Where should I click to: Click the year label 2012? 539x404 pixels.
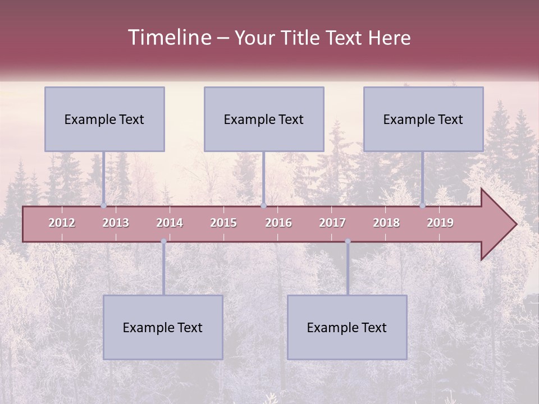62,223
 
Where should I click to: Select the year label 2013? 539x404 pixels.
116,223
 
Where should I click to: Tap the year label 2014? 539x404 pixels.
170,223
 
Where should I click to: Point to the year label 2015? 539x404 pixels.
223,223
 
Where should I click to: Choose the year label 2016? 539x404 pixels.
278,223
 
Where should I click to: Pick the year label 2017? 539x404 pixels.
332,223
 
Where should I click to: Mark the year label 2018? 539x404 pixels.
386,223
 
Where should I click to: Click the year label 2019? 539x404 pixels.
440,223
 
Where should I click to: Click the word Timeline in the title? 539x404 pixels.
170,38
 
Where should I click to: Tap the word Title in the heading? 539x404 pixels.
302,38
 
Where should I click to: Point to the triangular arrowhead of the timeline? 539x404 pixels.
497,224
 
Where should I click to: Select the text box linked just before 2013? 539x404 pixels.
104,119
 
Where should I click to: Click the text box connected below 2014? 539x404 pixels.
163,327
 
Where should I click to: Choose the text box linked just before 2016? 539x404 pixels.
264,119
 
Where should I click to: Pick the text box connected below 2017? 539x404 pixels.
347,327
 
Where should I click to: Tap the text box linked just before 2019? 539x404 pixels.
423,119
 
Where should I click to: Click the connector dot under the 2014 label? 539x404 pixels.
163,241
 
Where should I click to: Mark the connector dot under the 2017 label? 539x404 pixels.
348,241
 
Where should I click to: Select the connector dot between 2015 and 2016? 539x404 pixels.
263,206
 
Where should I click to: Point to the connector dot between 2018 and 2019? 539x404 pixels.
422,206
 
